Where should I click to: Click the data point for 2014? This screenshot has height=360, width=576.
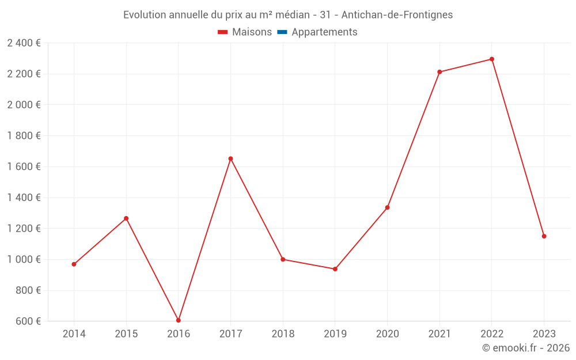(x=74, y=264)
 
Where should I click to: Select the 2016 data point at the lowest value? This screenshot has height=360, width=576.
(x=179, y=320)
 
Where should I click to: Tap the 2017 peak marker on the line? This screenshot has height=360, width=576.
(x=230, y=158)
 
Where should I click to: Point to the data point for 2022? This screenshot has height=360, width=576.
(x=492, y=59)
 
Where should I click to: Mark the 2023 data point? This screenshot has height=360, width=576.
(x=544, y=236)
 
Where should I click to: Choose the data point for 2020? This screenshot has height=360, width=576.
(x=387, y=207)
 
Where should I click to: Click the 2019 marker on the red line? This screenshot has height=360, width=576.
(x=335, y=269)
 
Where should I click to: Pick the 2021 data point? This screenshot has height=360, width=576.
(x=439, y=72)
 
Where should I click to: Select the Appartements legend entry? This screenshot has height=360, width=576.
(x=324, y=32)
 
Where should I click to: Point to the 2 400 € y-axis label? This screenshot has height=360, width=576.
(x=24, y=43)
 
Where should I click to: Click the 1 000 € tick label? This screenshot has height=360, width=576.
(x=24, y=259)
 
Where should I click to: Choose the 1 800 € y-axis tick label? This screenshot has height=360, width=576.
(x=24, y=136)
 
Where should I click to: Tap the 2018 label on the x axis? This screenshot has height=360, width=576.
(x=283, y=334)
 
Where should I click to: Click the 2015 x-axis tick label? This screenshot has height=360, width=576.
(x=126, y=334)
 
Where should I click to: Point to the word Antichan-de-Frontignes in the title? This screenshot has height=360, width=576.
(x=397, y=15)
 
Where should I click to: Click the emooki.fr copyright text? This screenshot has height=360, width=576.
(x=526, y=348)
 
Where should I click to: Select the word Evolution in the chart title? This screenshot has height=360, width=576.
(x=145, y=15)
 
